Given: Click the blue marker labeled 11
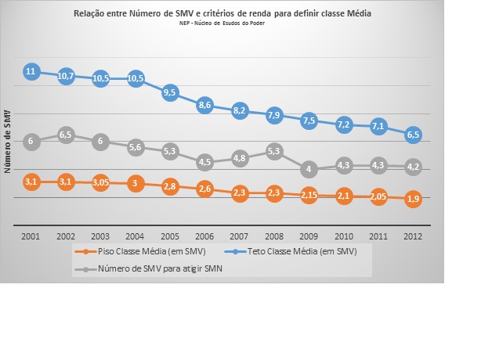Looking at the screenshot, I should tap(31, 72).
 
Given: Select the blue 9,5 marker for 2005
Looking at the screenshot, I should tap(170, 92).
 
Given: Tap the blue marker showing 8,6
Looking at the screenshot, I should tap(204, 104).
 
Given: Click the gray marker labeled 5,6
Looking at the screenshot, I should tap(136, 147).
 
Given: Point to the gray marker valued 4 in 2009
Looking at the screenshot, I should tap(309, 169).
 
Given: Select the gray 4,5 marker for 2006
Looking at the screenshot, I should tap(204, 162).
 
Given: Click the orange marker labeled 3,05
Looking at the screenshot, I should tap(100, 182).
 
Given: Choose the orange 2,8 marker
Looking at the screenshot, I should tap(170, 186).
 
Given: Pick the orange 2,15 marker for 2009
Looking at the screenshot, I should tap(309, 195).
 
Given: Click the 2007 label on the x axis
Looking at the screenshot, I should tap(239, 235).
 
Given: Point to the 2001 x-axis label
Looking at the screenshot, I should tap(31, 235).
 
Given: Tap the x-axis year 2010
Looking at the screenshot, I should tap(343, 235).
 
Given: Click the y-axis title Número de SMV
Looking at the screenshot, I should tap(9, 142).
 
